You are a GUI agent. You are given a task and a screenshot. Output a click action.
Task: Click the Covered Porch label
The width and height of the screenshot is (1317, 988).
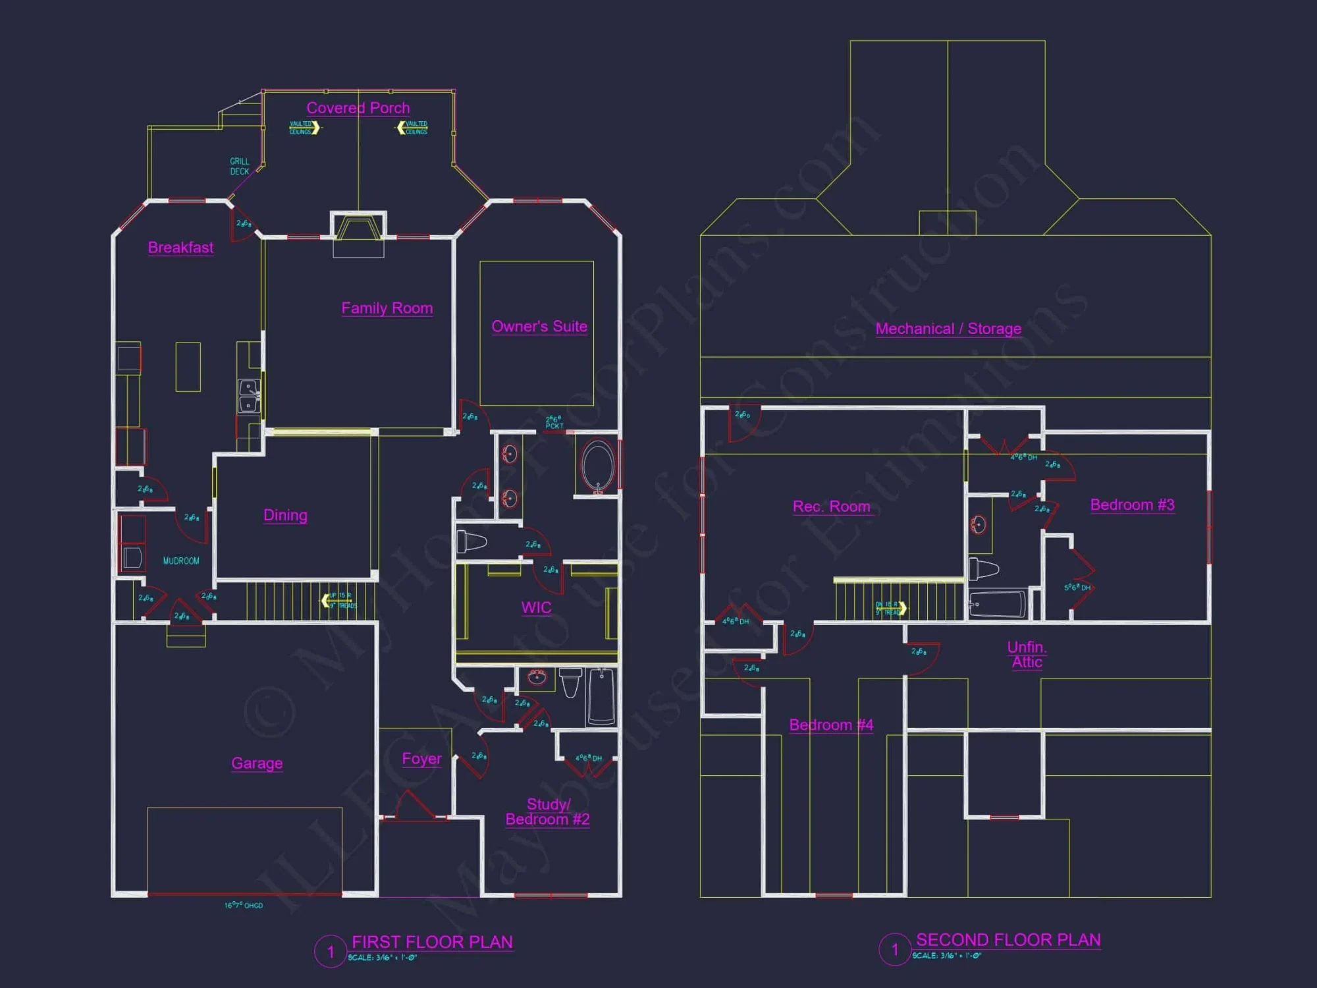click(x=358, y=108)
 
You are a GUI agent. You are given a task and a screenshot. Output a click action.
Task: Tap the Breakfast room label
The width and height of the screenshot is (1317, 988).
click(x=180, y=248)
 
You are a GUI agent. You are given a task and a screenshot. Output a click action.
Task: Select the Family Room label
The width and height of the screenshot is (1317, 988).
click(x=387, y=308)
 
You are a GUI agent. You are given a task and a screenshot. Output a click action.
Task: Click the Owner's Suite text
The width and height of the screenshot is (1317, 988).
click(x=539, y=327)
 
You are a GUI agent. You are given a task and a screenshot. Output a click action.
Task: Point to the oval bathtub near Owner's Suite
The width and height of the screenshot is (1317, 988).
click(x=598, y=466)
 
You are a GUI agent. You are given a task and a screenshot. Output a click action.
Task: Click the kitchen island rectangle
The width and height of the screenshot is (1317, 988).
click(x=188, y=367)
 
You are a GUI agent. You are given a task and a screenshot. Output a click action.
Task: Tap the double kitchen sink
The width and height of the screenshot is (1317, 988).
click(x=248, y=396)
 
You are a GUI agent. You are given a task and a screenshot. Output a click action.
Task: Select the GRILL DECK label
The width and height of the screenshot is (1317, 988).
click(x=239, y=166)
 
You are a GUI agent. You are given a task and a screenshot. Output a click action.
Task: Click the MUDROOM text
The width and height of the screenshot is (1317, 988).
click(x=181, y=561)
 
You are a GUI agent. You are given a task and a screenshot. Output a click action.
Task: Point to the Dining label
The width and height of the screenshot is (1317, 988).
click(x=285, y=515)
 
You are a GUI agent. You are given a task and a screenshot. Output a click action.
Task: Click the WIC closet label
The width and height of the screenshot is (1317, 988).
click(x=536, y=607)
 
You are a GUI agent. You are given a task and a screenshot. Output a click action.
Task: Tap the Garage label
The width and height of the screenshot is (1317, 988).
click(x=257, y=763)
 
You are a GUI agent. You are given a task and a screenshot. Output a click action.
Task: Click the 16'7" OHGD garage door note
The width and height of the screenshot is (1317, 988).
click(x=243, y=906)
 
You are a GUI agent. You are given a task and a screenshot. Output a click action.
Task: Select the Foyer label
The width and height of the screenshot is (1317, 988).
click(x=421, y=759)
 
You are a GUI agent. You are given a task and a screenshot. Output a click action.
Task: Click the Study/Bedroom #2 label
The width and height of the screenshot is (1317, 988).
click(x=547, y=812)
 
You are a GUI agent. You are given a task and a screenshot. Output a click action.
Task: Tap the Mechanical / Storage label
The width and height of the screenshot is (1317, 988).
click(x=948, y=329)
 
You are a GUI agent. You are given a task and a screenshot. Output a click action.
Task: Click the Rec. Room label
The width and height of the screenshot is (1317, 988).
click(x=831, y=507)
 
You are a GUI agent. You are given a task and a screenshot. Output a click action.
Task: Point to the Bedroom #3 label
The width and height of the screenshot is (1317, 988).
click(x=1132, y=505)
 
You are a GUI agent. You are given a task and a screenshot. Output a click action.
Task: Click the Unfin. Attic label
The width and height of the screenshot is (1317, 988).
click(x=1027, y=655)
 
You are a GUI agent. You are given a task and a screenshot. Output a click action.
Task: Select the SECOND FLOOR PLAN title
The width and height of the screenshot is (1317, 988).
click(x=1008, y=940)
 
